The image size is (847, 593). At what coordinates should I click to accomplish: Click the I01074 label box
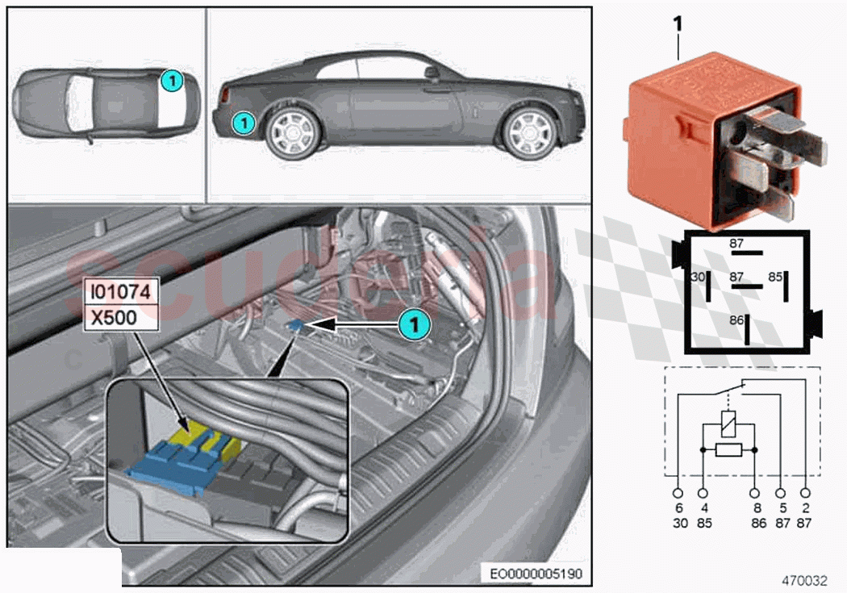(120, 291)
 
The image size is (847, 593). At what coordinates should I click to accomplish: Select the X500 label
(114, 318)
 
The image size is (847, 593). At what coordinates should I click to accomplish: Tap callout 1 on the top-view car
(170, 80)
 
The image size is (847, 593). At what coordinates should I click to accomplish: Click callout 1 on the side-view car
(243, 123)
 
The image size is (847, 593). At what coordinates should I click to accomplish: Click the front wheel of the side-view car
(529, 132)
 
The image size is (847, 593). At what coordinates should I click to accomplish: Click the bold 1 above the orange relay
(678, 24)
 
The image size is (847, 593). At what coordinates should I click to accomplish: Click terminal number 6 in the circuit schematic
(679, 509)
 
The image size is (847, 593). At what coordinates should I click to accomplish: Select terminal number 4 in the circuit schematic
(704, 509)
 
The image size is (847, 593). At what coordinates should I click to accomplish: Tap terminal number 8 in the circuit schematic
(756, 509)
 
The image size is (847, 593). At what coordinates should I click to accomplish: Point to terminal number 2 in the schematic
(805, 509)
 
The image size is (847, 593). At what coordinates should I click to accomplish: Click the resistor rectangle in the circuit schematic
(729, 450)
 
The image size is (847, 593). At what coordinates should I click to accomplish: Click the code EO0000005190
(536, 574)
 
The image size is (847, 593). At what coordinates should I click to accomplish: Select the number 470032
(803, 579)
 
